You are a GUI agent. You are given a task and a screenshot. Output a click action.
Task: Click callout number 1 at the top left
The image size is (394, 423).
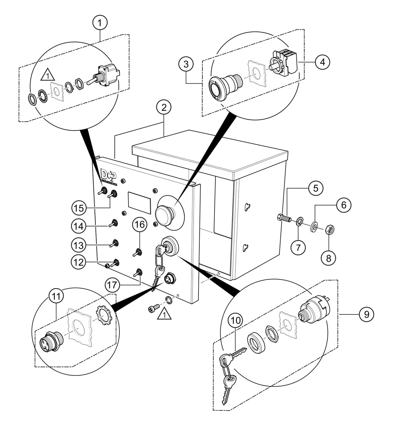coord(100,23)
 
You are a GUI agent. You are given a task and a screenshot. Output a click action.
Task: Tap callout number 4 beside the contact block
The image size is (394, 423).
coord(322,62)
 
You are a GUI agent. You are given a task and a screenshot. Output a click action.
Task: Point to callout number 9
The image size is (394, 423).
coord(366,314)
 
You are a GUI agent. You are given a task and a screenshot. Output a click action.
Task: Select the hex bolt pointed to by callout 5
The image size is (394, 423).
coord(284,218)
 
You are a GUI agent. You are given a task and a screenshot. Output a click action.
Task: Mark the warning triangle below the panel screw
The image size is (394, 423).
coord(164,315)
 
